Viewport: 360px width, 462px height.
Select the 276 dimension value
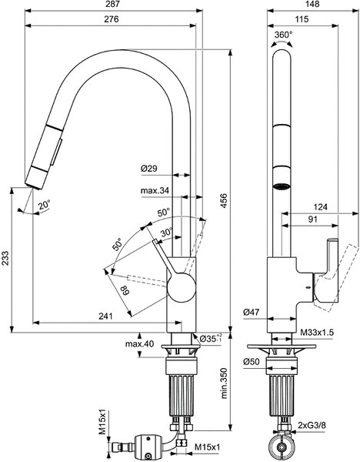pyautogui.click(x=112, y=19)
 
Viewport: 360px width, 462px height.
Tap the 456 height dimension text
pyautogui.click(x=224, y=201)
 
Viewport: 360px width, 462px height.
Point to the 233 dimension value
pyautogui.click(x=5, y=259)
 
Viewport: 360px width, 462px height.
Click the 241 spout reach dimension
pyautogui.click(x=105, y=316)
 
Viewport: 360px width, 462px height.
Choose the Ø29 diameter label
pyautogui.click(x=149, y=168)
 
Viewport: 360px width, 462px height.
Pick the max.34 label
pyautogui.click(x=155, y=190)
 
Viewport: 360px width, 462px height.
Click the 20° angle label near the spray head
pyautogui.click(x=45, y=204)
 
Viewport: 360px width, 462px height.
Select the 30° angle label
pyautogui.click(x=167, y=233)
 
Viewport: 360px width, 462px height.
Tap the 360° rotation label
pyautogui.click(x=284, y=35)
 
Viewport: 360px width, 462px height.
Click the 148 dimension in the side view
pyautogui.click(x=312, y=4)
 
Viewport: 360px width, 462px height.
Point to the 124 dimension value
pyautogui.click(x=320, y=207)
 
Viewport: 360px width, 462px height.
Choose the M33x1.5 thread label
pyautogui.click(x=317, y=333)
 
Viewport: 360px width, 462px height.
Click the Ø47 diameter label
pyautogui.click(x=252, y=312)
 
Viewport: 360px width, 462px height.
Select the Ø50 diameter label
pyautogui.click(x=252, y=362)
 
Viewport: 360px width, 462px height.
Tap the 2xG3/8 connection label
pyautogui.click(x=312, y=425)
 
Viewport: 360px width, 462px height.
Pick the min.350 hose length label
pyautogui.click(x=225, y=383)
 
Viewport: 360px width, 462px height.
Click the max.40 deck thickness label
pyautogui.click(x=139, y=343)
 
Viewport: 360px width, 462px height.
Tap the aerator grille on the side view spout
pyautogui.click(x=282, y=187)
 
